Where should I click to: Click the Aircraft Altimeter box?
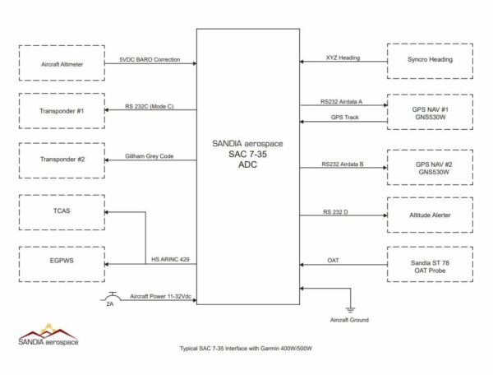[x=62, y=62]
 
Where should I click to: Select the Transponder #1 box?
[x=62, y=110]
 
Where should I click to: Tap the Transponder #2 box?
[x=62, y=158]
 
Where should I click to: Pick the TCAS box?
[x=62, y=212]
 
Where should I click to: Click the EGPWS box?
[x=62, y=263]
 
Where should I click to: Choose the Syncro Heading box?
[x=429, y=61]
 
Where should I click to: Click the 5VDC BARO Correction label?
[x=148, y=59]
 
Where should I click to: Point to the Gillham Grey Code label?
[x=150, y=155]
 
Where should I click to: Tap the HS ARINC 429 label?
[x=172, y=260]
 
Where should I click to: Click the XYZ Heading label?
[x=343, y=58]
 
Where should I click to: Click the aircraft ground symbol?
[x=349, y=308]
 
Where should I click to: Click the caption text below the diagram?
[x=246, y=349]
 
